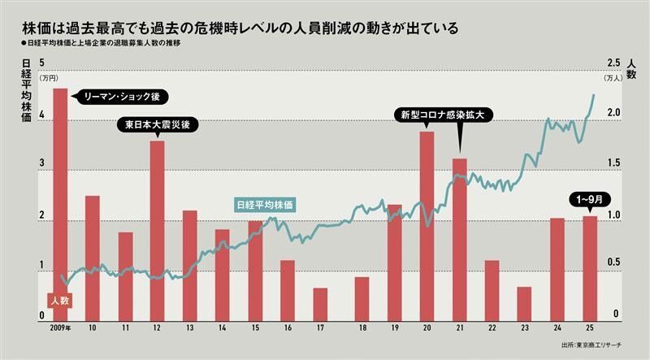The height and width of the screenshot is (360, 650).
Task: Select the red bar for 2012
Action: (x=158, y=228)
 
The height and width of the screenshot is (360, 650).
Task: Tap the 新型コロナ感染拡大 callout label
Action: (x=442, y=115)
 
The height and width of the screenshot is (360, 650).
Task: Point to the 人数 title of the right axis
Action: (x=631, y=68)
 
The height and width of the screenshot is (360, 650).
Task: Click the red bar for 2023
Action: (x=524, y=301)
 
